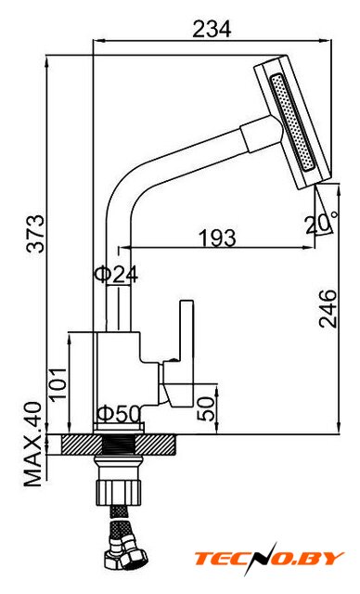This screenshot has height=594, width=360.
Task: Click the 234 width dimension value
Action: [212, 29]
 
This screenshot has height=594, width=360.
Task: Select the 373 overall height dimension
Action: [37, 233]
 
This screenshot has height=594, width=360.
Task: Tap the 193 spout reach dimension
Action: [217, 238]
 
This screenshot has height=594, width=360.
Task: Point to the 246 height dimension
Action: [328, 309]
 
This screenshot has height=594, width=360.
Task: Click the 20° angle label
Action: [322, 225]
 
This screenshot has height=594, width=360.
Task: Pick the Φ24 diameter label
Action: [116, 275]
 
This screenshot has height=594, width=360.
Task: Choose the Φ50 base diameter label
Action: [120, 414]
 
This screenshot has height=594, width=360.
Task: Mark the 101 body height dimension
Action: [58, 384]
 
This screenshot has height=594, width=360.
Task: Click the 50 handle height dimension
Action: [206, 408]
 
